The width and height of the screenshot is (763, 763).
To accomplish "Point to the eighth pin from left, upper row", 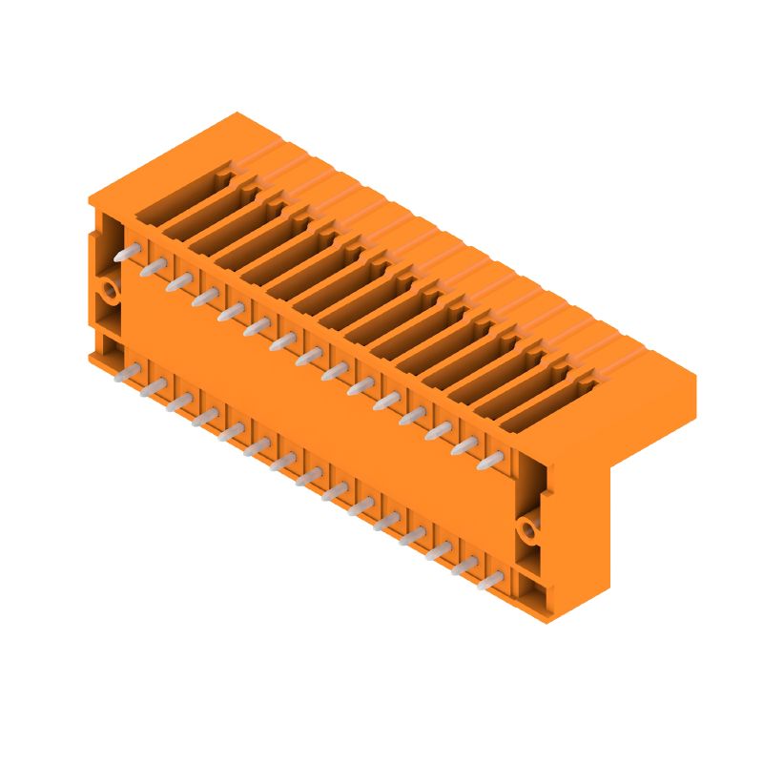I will [308, 358].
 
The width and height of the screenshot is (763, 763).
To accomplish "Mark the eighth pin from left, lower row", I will [308, 477].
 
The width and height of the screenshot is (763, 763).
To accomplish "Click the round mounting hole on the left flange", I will [110, 289].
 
